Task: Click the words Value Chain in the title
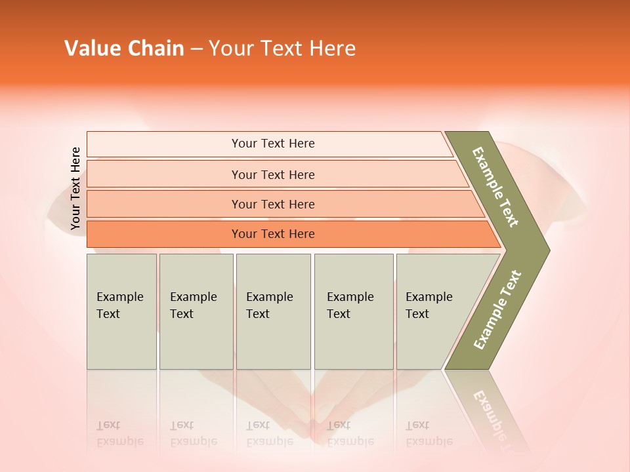[124, 49]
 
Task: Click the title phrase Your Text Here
[282, 49]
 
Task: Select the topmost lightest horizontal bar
[164, 144]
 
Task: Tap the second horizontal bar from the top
[164, 174]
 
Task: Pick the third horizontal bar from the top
[164, 204]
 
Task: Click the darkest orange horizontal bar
[164, 234]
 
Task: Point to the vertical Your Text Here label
[75, 189]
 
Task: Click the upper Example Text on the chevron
[495, 187]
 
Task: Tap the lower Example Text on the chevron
[497, 310]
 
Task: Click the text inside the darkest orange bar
[273, 234]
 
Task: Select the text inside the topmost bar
[273, 144]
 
